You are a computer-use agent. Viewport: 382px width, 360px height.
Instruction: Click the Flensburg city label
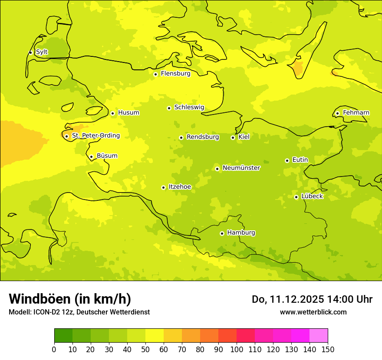[x=175, y=74]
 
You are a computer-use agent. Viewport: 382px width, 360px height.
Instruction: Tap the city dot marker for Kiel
[x=233, y=137]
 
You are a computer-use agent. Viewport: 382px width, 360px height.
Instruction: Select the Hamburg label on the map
[x=241, y=233]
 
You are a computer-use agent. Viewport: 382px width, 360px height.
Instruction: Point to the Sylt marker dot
[x=30, y=52]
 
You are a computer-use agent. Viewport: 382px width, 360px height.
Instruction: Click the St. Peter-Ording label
[x=95, y=136]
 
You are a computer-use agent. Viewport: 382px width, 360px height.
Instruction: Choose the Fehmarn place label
[x=356, y=113]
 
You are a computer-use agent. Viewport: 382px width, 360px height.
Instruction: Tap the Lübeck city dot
[x=296, y=197]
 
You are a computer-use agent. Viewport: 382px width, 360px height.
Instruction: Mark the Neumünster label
[x=241, y=168]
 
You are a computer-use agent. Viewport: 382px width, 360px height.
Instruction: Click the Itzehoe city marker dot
[x=163, y=187]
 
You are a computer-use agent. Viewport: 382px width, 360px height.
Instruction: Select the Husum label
[x=128, y=113]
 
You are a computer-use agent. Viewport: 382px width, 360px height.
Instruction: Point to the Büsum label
[x=107, y=156]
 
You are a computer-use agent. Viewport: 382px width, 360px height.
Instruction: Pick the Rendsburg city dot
[x=181, y=137]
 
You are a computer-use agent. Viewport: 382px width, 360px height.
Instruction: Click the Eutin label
[x=300, y=160]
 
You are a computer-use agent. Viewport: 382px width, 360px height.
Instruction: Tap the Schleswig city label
[x=189, y=108]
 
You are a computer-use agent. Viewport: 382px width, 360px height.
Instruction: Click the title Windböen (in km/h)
[x=70, y=299]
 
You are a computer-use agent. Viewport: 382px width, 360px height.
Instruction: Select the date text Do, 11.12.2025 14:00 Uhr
[x=312, y=299]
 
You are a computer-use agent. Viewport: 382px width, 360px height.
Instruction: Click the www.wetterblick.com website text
[x=313, y=312]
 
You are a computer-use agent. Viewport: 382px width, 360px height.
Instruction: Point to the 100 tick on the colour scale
[x=237, y=349]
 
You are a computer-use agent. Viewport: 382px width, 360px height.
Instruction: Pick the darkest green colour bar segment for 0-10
[x=63, y=336]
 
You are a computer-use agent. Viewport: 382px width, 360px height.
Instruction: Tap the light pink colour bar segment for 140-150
[x=319, y=336]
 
